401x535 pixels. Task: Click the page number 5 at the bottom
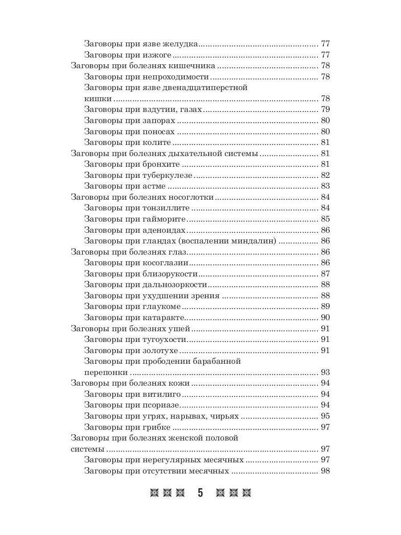(x=200, y=493)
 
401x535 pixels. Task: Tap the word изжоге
(x=157, y=55)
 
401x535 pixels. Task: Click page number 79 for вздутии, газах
(x=325, y=110)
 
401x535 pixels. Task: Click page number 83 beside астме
(x=325, y=186)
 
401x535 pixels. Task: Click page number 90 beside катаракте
(x=325, y=317)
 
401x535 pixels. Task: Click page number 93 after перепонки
(x=325, y=372)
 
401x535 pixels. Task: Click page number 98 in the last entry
(x=325, y=471)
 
